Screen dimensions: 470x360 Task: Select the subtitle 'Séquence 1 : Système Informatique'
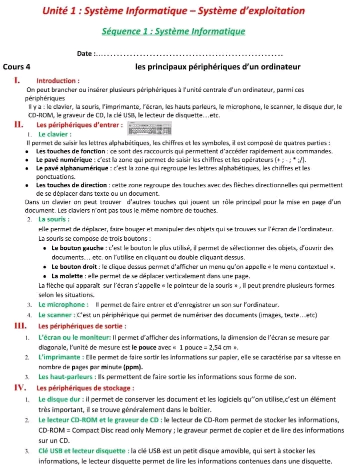pyautogui.click(x=173, y=31)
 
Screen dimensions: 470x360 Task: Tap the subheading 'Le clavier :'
pyautogui.click(x=55, y=134)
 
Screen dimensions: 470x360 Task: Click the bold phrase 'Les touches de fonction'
pyautogui.click(x=70, y=151)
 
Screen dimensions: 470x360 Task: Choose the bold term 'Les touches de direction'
pyautogui.click(x=71, y=185)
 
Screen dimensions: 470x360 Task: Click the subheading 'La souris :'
pyautogui.click(x=53, y=219)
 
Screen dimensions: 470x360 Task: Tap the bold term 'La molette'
pyautogui.click(x=68, y=276)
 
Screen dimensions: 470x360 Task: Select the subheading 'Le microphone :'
pyautogui.click(x=63, y=305)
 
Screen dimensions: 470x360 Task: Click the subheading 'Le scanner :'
pyautogui.click(x=57, y=315)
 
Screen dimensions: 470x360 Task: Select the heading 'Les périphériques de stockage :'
pyautogui.click(x=85, y=388)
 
